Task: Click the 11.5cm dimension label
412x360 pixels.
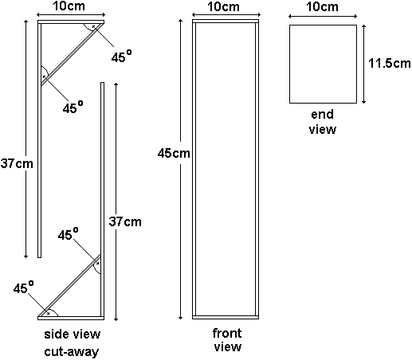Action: (390, 64)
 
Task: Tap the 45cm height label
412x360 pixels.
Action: (174, 153)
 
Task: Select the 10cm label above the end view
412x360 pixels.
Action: (322, 6)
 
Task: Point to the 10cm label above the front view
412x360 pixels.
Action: (223, 6)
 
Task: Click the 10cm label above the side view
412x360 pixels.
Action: (69, 6)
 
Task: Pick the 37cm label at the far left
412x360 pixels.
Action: (17, 163)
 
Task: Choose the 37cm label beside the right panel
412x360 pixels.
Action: (125, 221)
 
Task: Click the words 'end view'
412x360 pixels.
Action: (323, 122)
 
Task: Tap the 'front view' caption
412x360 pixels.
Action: (227, 340)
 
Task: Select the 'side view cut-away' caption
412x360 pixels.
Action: (72, 342)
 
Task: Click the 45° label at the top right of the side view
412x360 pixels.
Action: (121, 56)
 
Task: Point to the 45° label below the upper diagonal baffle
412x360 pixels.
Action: (73, 107)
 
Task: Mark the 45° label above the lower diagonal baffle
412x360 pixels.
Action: (69, 234)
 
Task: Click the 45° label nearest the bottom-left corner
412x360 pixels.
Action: (23, 288)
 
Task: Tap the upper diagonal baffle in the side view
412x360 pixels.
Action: (72, 54)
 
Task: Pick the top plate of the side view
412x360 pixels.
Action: (71, 22)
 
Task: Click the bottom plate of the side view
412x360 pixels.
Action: (71, 318)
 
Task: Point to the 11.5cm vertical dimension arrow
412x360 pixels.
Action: (364, 64)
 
